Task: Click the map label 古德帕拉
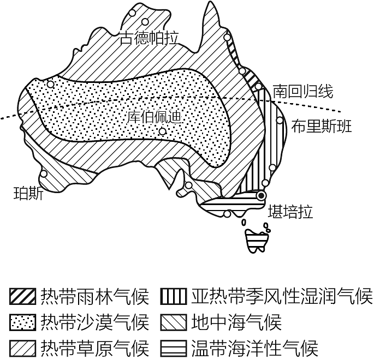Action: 149,38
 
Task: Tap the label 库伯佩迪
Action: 154,117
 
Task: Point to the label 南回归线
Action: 303,91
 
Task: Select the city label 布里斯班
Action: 322,126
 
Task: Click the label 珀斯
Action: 28,194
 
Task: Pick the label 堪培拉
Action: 290,212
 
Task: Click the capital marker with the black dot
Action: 262,196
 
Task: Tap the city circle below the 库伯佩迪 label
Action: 163,131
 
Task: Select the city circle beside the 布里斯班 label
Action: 280,120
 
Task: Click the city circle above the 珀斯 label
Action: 44,173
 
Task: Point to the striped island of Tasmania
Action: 257,241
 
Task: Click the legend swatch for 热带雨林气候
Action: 23,296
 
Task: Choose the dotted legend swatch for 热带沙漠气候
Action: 23,322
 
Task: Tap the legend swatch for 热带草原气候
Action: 23,348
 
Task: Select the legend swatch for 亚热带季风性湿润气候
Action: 174,296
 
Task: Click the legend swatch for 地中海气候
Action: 174,322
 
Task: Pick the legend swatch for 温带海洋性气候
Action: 174,348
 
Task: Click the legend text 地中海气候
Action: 236,322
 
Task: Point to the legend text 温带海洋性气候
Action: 255,348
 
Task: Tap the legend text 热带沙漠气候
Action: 94,322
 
